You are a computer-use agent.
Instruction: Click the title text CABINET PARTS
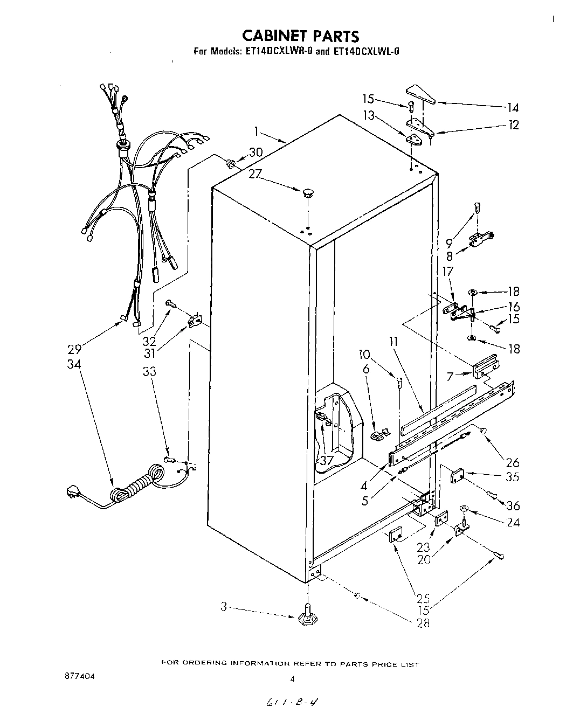pyautogui.click(x=300, y=36)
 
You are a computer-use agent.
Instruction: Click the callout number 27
pyautogui.click(x=257, y=174)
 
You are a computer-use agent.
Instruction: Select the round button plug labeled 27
pyautogui.click(x=308, y=192)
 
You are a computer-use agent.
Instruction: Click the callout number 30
pyautogui.click(x=256, y=152)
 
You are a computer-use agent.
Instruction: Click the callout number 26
pyautogui.click(x=512, y=462)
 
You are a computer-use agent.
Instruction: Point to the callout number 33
pyautogui.click(x=149, y=371)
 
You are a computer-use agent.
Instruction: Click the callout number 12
pyautogui.click(x=513, y=125)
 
